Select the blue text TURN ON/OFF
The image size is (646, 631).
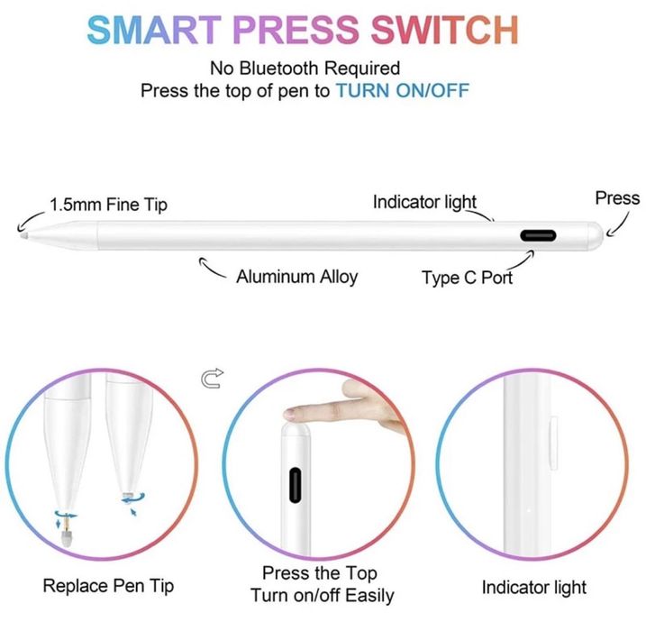click(402, 91)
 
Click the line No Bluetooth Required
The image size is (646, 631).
click(305, 69)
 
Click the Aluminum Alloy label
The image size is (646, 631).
click(296, 277)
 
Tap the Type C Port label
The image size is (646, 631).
click(467, 278)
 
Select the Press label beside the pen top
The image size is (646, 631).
click(617, 198)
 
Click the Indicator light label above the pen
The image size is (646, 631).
click(424, 203)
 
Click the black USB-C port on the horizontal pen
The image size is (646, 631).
click(538, 236)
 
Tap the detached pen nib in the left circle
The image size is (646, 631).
click(67, 538)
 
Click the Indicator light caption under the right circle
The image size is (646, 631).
click(533, 588)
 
